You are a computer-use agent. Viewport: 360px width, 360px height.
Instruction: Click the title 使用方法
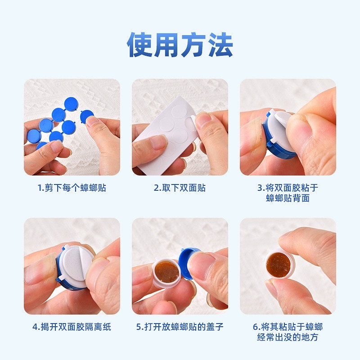point(180,45)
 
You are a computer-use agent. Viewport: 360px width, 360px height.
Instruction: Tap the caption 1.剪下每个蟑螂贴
point(72,188)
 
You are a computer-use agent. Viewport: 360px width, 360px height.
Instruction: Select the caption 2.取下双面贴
point(180,188)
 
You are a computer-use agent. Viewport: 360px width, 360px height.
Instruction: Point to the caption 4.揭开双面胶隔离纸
point(72,327)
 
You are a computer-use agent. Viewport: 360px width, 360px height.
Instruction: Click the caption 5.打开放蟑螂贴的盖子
point(180,327)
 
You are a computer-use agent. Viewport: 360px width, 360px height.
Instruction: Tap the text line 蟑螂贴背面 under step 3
point(288,198)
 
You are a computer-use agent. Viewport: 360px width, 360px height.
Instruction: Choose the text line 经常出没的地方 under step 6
point(288,337)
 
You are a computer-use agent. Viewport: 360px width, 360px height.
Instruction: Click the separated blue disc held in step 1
point(87,116)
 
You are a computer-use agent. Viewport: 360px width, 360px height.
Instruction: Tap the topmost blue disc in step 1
point(71,104)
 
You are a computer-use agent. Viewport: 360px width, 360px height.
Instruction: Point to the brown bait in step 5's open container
point(167,272)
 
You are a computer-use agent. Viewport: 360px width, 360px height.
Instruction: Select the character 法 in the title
point(220,45)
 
